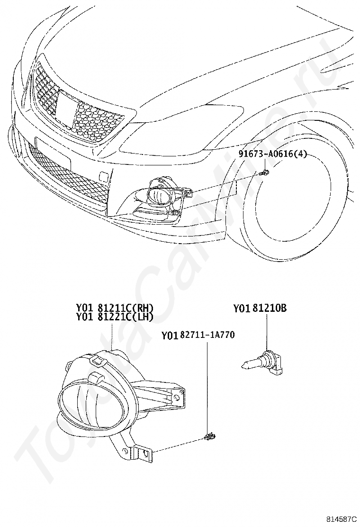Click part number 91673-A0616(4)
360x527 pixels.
(273, 154)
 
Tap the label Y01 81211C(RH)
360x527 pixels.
(115, 308)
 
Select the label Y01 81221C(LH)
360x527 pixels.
(115, 317)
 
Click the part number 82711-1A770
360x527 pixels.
(207, 335)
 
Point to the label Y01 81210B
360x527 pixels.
(260, 308)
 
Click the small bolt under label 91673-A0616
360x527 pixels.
(265, 173)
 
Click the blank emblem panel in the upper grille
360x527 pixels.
(66, 108)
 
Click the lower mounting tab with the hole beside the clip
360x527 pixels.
(144, 453)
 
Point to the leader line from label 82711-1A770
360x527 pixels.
(207, 387)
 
